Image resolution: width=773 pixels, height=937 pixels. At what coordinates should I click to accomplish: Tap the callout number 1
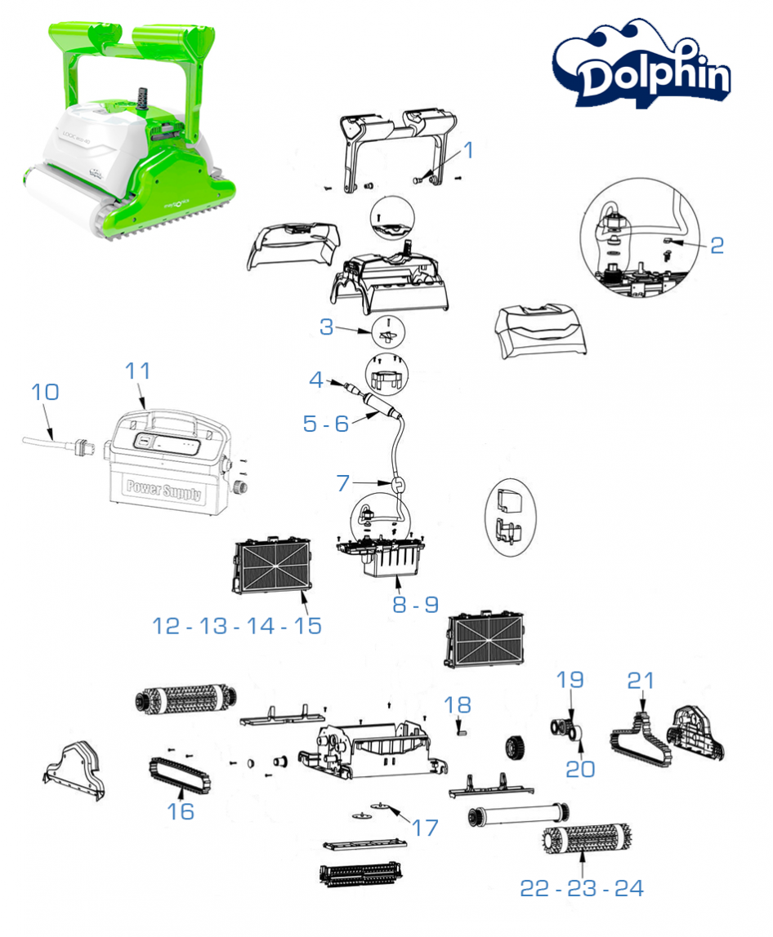(x=468, y=149)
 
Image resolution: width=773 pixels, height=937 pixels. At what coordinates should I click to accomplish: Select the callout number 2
(x=716, y=244)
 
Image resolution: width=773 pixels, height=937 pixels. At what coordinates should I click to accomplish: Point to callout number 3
(x=327, y=327)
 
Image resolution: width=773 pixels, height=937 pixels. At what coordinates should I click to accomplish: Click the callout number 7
(x=343, y=483)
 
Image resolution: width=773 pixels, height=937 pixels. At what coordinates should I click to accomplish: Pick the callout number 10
(x=46, y=392)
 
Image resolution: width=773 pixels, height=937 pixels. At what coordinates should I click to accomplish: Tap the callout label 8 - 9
(x=415, y=605)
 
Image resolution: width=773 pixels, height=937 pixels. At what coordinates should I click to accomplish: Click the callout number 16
(x=181, y=810)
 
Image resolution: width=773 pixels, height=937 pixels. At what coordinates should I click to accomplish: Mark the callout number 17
(x=425, y=827)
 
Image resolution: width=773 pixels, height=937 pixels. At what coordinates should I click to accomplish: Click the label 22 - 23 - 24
(x=582, y=889)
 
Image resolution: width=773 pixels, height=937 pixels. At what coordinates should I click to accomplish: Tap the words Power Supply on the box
(x=163, y=487)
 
